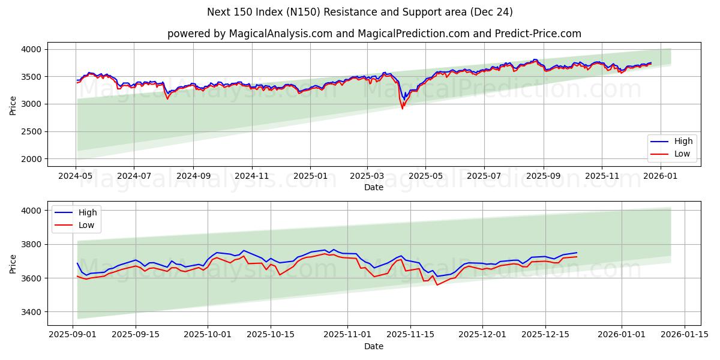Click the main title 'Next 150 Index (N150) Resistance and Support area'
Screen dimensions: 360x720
click(x=359, y=12)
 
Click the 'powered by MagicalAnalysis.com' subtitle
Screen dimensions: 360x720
click(x=374, y=34)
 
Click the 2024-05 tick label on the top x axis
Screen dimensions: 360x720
click(x=76, y=176)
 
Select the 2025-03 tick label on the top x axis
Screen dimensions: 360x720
click(x=367, y=176)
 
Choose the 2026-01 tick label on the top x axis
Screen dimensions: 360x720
click(x=660, y=176)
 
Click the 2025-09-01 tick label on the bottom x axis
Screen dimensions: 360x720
click(x=73, y=335)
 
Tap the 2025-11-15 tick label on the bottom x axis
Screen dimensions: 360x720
click(x=410, y=335)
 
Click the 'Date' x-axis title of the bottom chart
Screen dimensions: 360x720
click(x=374, y=346)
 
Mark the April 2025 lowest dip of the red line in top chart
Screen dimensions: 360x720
click(x=402, y=109)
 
